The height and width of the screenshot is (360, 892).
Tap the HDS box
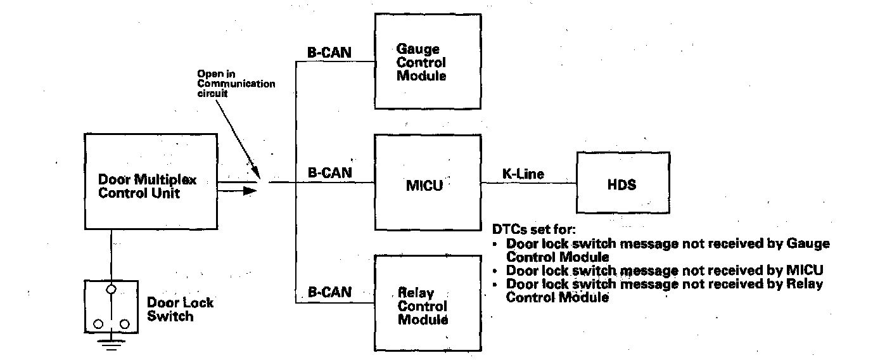[x=622, y=184]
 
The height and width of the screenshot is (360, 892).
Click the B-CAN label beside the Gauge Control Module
[x=329, y=53]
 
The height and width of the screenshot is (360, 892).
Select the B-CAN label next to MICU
[x=329, y=172]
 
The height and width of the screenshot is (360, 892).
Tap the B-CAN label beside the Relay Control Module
[x=329, y=293]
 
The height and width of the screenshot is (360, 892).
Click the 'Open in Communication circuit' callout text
[x=236, y=84]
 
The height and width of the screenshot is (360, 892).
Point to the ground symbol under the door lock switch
[x=111, y=344]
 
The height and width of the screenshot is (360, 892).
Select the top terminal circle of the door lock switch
[x=111, y=289]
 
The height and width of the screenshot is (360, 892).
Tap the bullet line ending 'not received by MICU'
[x=665, y=270]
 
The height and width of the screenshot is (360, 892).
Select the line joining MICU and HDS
[x=528, y=184]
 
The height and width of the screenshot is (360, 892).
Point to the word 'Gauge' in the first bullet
[x=808, y=243]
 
